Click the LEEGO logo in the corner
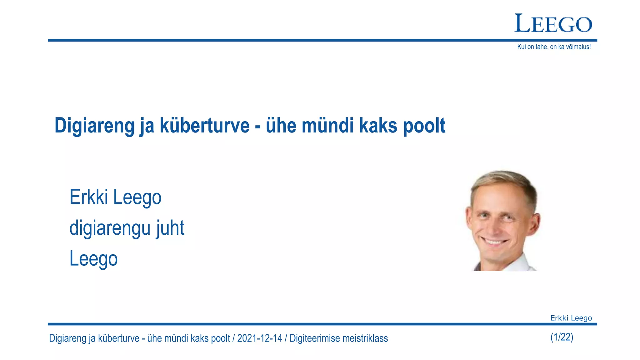pos(553,23)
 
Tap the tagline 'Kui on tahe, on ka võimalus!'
pos(554,47)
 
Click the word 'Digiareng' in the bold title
pos(95,126)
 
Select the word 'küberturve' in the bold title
pos(205,126)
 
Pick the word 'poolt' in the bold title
pos(424,126)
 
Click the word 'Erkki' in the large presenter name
pos(89,197)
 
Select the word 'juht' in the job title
pos(170,228)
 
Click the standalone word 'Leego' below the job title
pos(93,259)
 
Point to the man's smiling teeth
pos(495,242)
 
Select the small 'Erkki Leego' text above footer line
pos(571,318)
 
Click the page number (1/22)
pos(562,337)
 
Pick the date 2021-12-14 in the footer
pos(259,338)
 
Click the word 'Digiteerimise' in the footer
pos(314,338)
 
